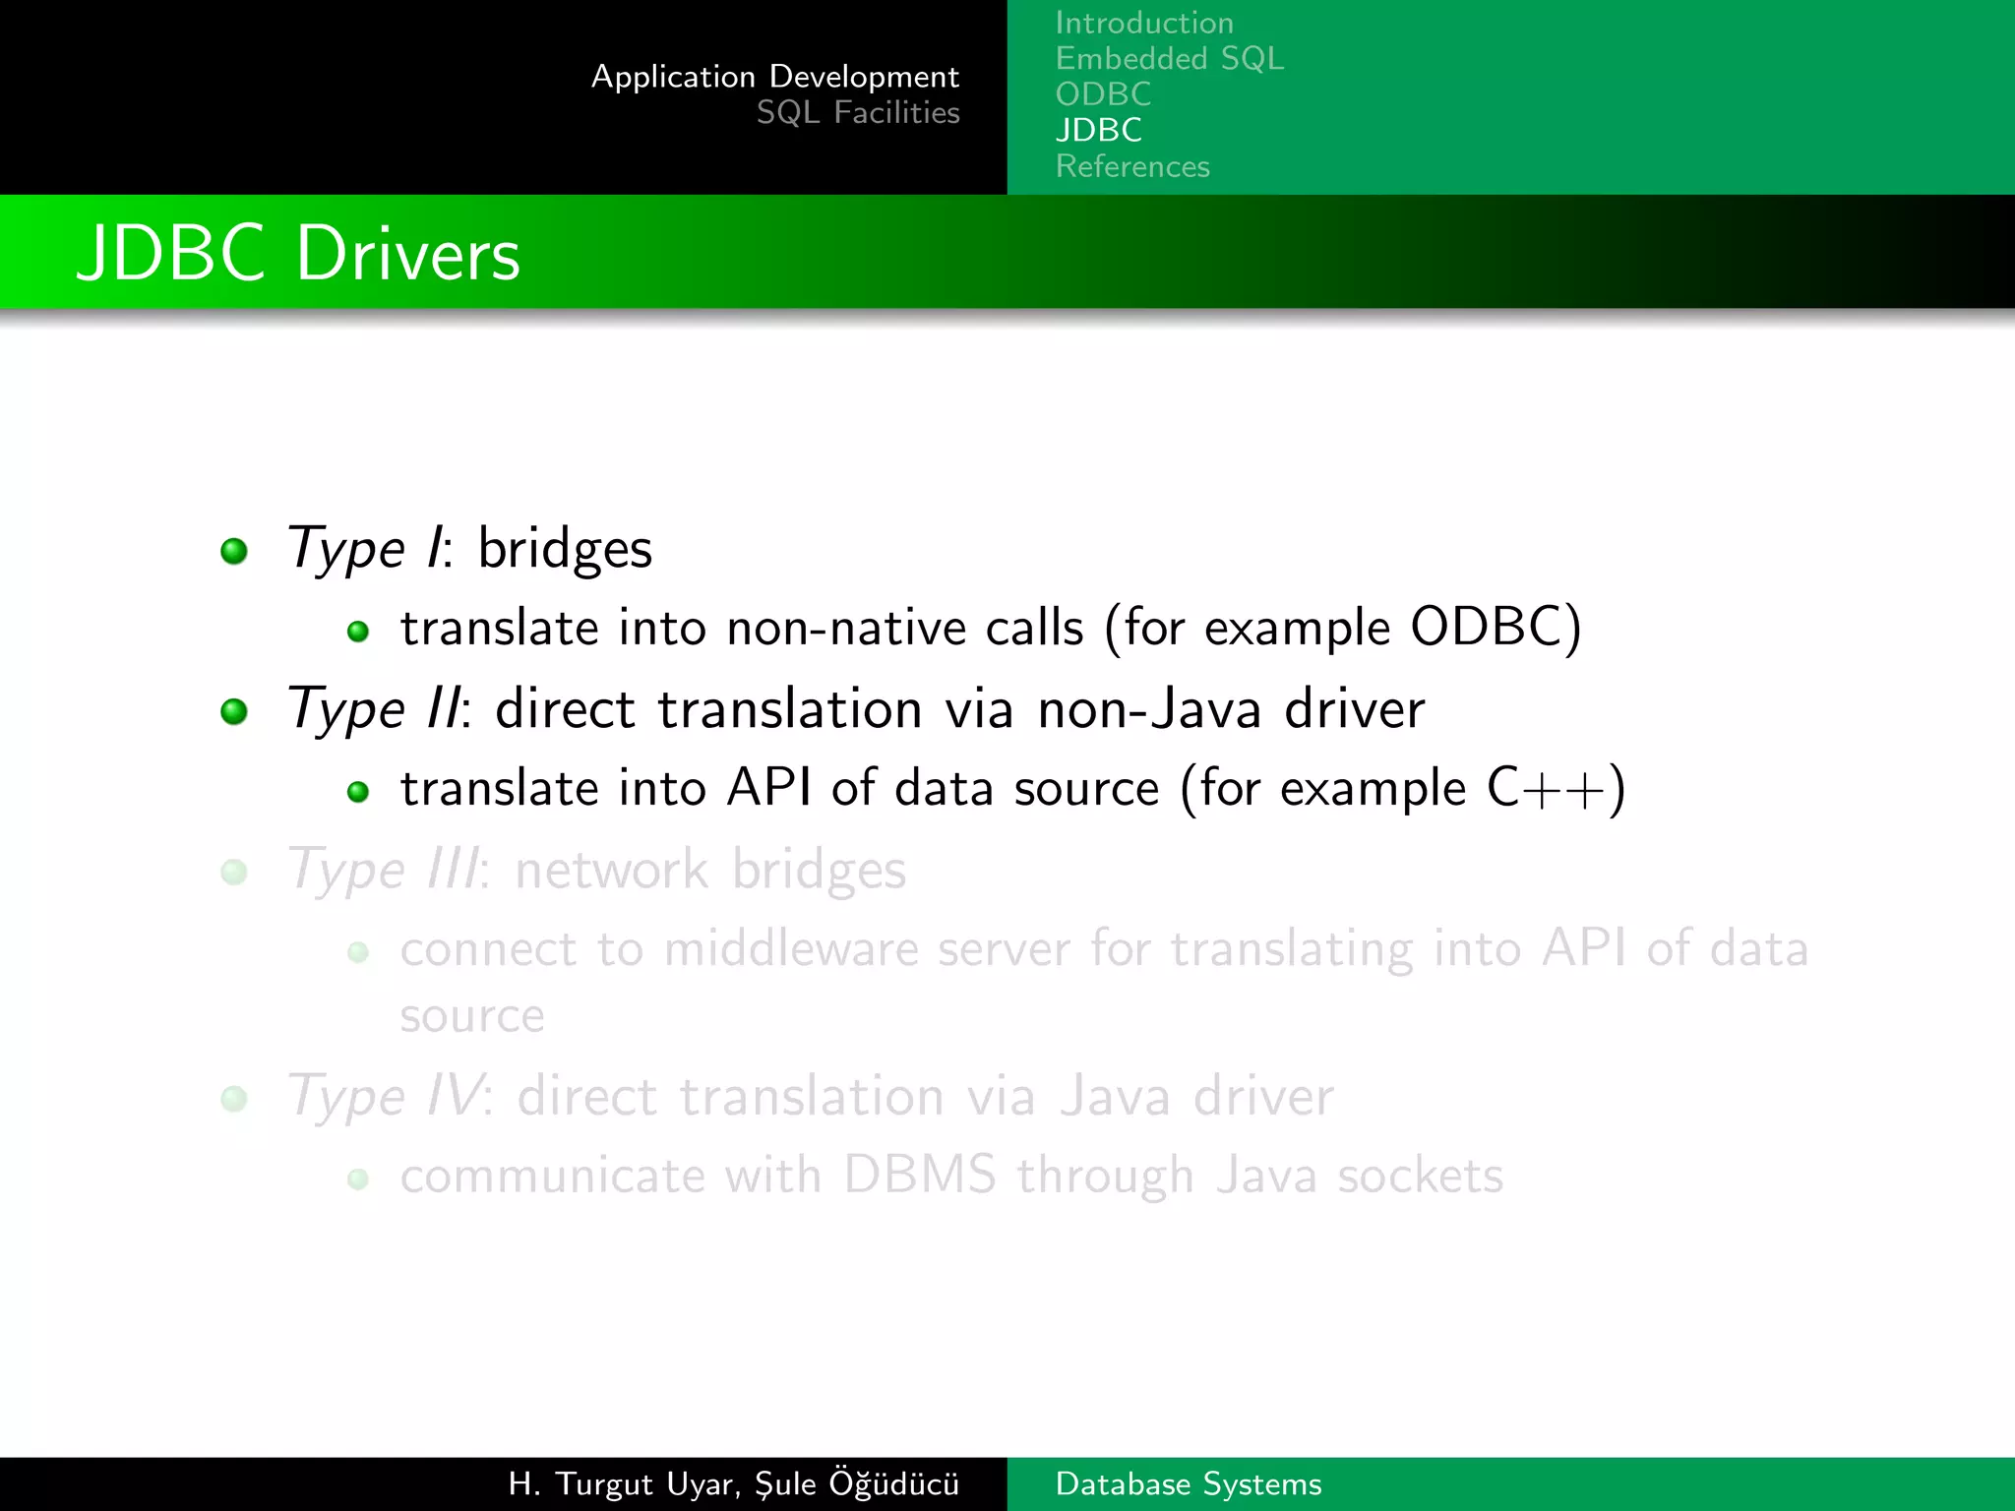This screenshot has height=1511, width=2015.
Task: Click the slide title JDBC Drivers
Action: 298,254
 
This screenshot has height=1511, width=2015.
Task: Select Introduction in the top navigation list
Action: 1144,23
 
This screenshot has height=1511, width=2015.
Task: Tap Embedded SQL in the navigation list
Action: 1169,59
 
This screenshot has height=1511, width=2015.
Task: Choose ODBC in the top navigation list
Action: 1103,94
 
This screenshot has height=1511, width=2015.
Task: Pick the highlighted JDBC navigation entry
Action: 1098,130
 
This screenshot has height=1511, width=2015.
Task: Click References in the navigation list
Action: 1132,166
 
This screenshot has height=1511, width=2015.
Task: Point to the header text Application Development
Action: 775,77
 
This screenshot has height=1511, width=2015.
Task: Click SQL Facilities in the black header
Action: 858,113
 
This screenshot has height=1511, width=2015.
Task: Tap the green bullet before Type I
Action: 234,551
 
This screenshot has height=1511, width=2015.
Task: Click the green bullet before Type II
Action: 234,710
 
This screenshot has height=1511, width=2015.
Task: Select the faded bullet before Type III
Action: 234,872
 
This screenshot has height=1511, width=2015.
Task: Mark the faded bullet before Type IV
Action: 234,1098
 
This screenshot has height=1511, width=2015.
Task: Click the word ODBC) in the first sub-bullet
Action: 1496,628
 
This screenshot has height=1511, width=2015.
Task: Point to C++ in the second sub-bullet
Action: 1555,788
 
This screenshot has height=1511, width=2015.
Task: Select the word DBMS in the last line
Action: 919,1176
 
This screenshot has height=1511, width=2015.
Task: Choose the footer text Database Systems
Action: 1189,1483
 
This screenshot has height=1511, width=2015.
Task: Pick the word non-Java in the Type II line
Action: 1149,709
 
